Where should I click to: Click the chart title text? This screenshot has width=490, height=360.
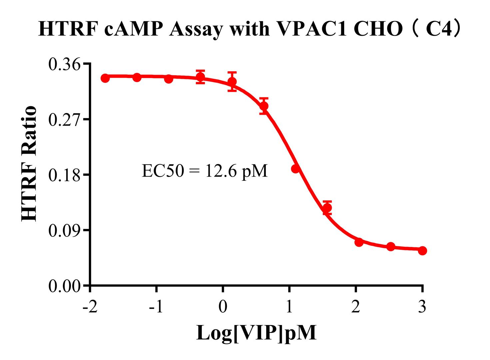(x=250, y=29)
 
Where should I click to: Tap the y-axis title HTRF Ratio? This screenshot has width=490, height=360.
(x=29, y=163)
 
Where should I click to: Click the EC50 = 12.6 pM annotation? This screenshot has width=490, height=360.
(x=205, y=171)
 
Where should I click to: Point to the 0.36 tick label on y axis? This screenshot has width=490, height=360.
(x=65, y=64)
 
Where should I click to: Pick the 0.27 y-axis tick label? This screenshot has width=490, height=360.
(x=65, y=120)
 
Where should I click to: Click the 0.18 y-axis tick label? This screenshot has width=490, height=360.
(x=65, y=175)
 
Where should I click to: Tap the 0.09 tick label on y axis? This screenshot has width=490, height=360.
(x=65, y=231)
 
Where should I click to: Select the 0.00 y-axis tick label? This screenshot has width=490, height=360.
(x=65, y=286)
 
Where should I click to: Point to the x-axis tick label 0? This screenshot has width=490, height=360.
(x=223, y=307)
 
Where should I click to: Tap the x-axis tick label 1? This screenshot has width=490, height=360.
(x=289, y=307)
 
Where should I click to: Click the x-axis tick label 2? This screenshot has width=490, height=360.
(x=356, y=307)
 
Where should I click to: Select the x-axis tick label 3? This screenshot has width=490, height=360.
(x=422, y=307)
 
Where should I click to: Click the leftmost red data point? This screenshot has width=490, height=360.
(x=105, y=78)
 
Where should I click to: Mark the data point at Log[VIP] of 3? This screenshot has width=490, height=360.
(x=422, y=250)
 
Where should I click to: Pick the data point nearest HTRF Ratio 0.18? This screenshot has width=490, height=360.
(x=295, y=169)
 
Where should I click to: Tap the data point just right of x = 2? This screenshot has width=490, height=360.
(x=359, y=242)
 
